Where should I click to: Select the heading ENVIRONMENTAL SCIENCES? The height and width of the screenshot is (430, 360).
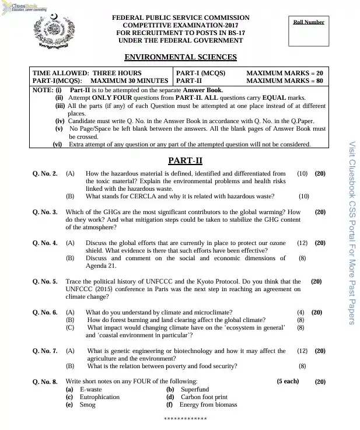(x=181, y=57)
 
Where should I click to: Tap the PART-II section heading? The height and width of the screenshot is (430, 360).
(x=185, y=160)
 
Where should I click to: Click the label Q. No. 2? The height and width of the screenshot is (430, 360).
(x=45, y=174)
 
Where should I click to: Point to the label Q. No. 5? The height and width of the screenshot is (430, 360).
(x=45, y=281)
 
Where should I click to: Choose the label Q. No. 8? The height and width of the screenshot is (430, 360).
(x=45, y=382)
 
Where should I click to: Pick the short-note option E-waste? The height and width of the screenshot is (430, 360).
(x=90, y=389)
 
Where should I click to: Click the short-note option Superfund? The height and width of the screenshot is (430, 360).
(x=194, y=389)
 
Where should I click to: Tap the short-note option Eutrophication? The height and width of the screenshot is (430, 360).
(x=99, y=397)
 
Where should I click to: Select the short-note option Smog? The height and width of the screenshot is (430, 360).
(x=88, y=404)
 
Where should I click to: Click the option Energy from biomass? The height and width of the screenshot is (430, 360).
(x=208, y=404)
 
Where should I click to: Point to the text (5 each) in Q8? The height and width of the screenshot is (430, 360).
(x=288, y=381)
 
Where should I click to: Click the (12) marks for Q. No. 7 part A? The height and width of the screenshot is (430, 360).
(x=302, y=351)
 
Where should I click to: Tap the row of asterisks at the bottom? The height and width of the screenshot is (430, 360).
(x=185, y=419)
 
